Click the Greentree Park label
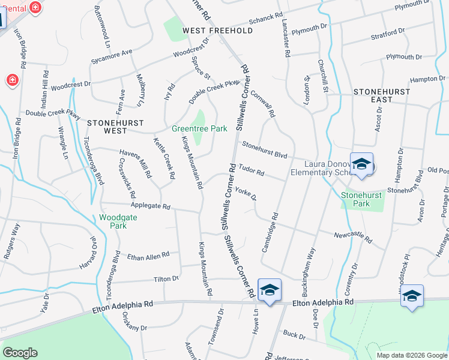click(x=199, y=128)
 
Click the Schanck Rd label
click(x=266, y=19)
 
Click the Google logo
click(x=20, y=353)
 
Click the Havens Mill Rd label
click(x=134, y=163)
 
